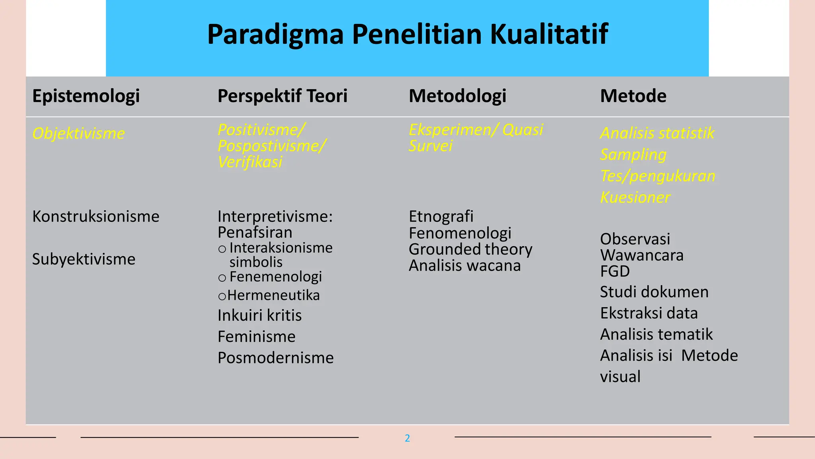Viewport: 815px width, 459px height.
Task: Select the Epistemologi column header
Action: (x=86, y=96)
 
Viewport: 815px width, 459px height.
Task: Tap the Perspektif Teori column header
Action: (x=282, y=96)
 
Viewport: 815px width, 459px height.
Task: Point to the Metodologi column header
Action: (x=457, y=96)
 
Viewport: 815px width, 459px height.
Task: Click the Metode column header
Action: (x=633, y=96)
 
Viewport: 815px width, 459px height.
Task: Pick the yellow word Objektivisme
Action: (x=78, y=133)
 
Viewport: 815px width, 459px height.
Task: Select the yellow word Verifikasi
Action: (x=250, y=162)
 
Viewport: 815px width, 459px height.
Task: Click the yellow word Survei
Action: (x=430, y=146)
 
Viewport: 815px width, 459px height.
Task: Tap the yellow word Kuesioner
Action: (x=635, y=198)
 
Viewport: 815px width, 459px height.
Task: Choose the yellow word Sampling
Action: (x=633, y=155)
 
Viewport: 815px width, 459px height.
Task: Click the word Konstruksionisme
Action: (x=96, y=217)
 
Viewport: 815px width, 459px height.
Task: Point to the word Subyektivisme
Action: (x=84, y=259)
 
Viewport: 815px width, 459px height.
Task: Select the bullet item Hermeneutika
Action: (x=273, y=296)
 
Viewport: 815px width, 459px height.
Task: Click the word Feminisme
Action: (x=256, y=337)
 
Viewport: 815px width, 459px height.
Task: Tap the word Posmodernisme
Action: (x=275, y=358)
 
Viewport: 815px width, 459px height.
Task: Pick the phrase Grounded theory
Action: (x=470, y=249)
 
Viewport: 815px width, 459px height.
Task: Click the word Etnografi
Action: (x=441, y=217)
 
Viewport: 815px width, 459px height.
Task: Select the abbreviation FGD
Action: (x=614, y=271)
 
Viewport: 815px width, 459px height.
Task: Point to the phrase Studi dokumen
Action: (x=654, y=292)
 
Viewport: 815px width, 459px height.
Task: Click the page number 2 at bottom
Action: (x=407, y=438)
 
